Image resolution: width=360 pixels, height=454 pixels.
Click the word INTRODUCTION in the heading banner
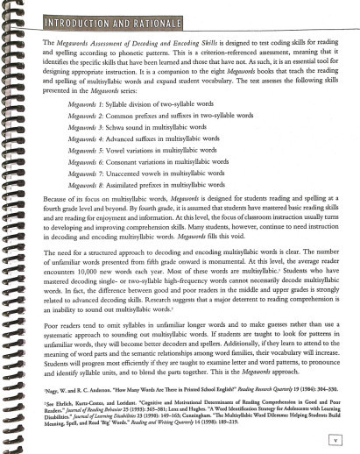coord(83,18)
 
